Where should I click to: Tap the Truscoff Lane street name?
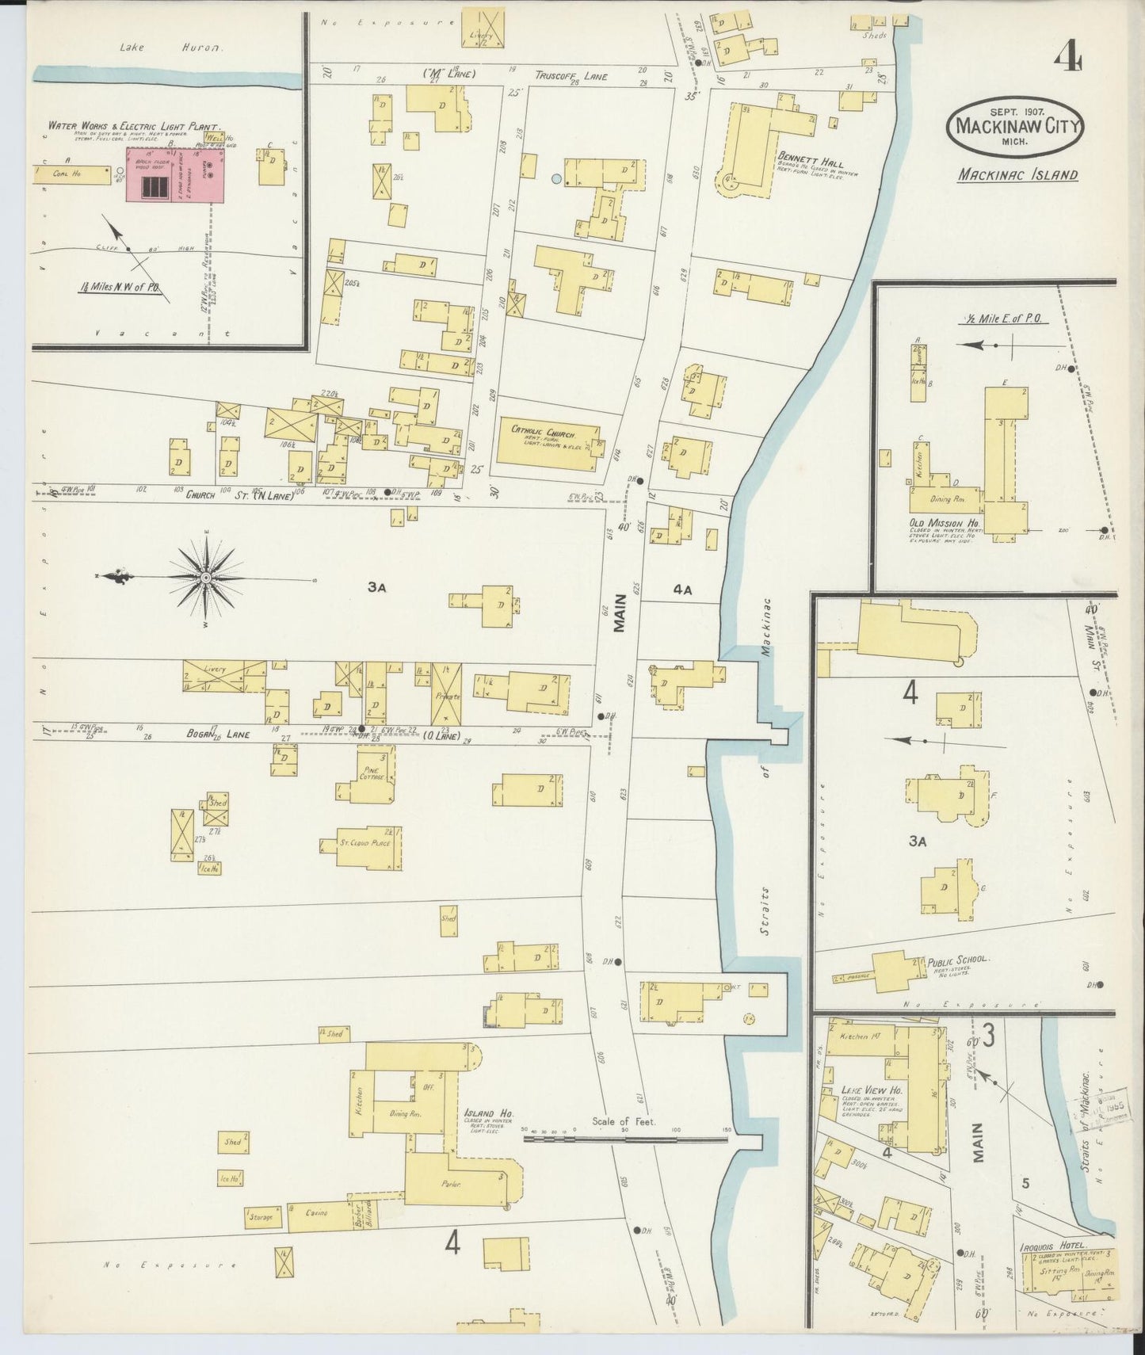[x=571, y=76]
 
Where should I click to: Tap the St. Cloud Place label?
[x=361, y=843]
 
